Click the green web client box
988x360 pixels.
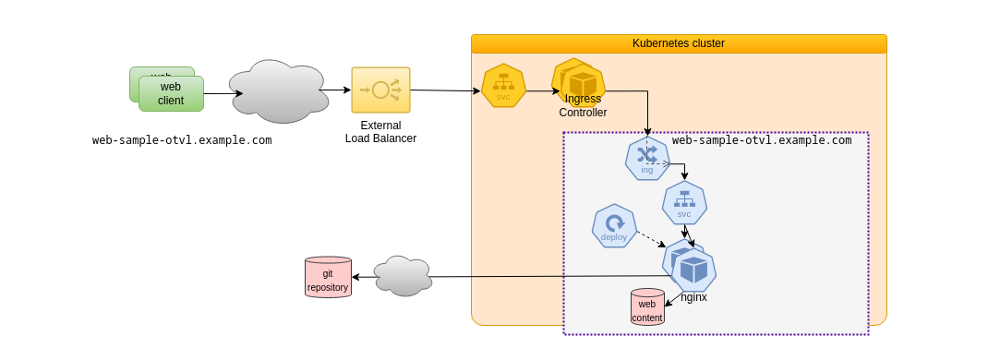click(171, 94)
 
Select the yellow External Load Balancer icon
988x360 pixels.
click(380, 90)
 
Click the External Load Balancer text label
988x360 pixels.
click(380, 132)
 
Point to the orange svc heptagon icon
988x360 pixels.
click(503, 86)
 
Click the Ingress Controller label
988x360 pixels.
click(583, 106)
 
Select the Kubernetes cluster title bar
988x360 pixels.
click(678, 43)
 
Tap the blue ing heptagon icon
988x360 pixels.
click(646, 158)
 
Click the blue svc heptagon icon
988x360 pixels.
click(684, 203)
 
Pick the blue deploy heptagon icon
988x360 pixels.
click(614, 226)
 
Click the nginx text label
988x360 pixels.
click(693, 297)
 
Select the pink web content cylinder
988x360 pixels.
click(647, 306)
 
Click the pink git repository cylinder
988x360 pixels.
click(328, 277)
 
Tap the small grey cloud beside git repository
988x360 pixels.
click(404, 276)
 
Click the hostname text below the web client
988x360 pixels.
click(182, 140)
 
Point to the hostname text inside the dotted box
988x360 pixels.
click(762, 140)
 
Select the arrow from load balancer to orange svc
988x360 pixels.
click(445, 90)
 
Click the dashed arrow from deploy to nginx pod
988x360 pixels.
click(646, 237)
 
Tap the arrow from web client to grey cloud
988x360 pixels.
click(222, 93)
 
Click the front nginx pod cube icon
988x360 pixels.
click(694, 270)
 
